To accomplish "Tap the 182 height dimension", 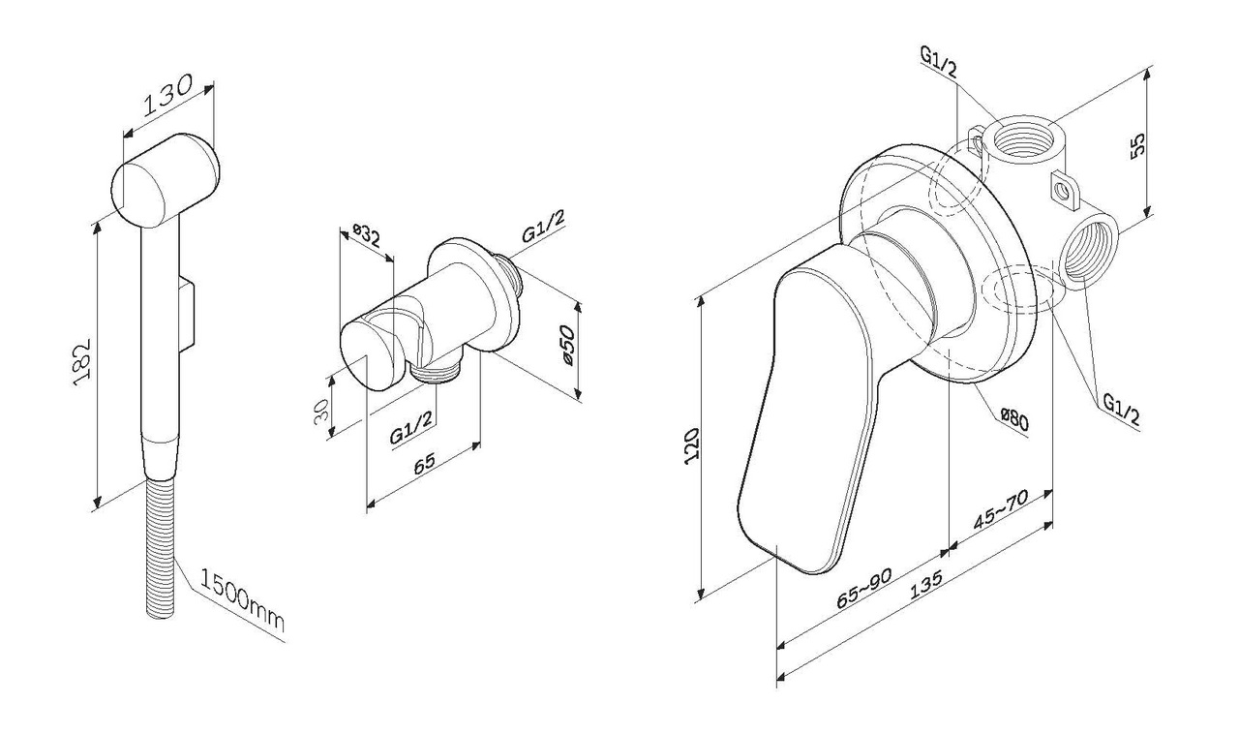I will tap(82, 362).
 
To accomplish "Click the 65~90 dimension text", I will tap(862, 586).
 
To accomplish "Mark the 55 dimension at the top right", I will tap(1139, 142).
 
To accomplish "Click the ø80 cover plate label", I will tap(1013, 419).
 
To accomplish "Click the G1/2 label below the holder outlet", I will tap(412, 429).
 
